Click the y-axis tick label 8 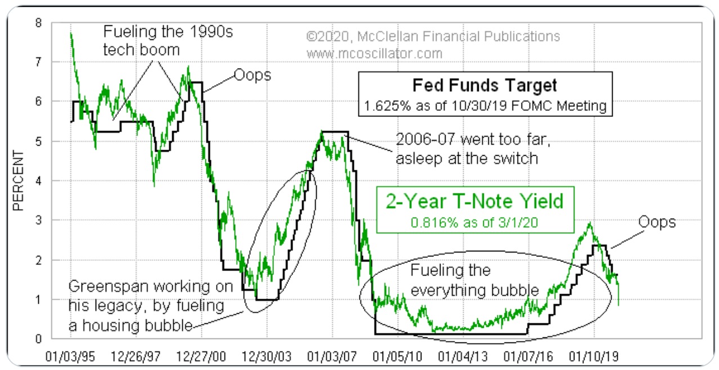(x=38, y=23)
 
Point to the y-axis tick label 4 (x=38, y=181)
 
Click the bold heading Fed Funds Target (x=484, y=85)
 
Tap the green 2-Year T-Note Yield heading (x=474, y=201)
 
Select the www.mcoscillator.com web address (x=374, y=53)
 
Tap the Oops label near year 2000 (x=251, y=75)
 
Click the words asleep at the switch (x=467, y=159)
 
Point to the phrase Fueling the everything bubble (x=475, y=280)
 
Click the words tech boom (x=141, y=49)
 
